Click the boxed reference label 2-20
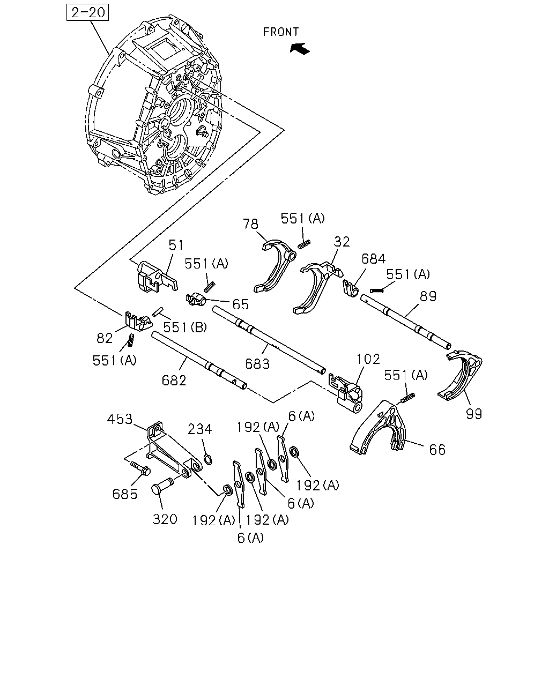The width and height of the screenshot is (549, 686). pos(87,12)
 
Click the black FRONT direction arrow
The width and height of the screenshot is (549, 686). pos(300,48)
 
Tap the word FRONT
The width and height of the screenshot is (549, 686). pos(281,32)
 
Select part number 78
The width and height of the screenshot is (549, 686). pos(250,224)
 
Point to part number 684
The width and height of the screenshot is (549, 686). pos(374,258)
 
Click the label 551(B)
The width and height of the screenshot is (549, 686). pos(185,327)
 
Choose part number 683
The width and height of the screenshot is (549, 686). pos(257,364)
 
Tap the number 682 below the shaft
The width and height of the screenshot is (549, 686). pos(174,381)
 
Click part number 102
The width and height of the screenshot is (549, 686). pos(368,359)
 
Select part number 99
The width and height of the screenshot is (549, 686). pos(474,414)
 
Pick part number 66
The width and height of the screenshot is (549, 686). pos(437,450)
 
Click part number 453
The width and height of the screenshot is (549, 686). pos(120,419)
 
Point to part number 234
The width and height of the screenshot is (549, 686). pos(199,429)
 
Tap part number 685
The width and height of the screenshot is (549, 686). pos(125,494)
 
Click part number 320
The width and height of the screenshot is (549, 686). pos(165,519)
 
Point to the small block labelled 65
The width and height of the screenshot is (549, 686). pos(196,300)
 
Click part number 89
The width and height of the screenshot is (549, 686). pos(428,296)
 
